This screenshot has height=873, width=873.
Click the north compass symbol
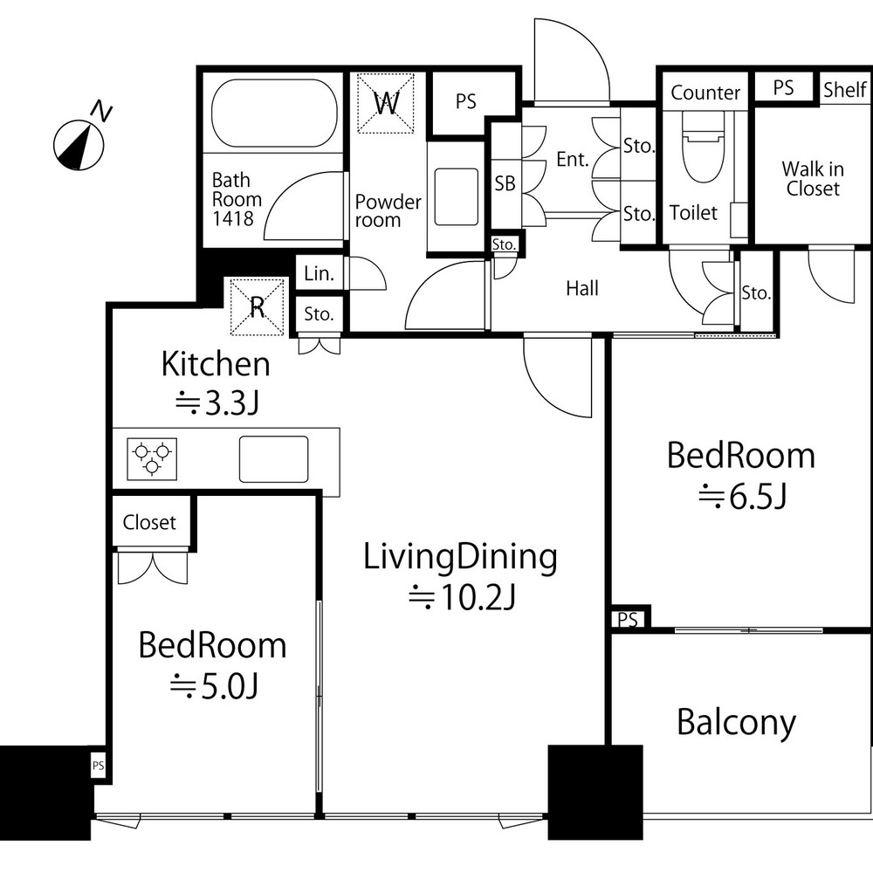point(79,145)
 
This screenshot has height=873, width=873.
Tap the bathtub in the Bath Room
point(274,113)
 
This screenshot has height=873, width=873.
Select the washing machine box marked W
point(386,103)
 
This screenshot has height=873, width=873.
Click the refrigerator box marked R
point(258,306)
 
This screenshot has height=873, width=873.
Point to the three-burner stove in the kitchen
point(152,459)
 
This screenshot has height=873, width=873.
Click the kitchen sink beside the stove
point(273,459)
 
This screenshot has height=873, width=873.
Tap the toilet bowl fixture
point(703,147)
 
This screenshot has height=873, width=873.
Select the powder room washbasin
point(456,197)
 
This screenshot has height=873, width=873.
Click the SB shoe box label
point(505,183)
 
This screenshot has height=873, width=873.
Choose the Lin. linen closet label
point(319,273)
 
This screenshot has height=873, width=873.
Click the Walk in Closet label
point(812,178)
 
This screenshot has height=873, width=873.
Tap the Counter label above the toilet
point(705,93)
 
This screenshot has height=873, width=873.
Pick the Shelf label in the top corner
point(844,89)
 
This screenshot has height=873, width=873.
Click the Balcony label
point(736,723)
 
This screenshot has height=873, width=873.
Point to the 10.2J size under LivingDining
point(463,597)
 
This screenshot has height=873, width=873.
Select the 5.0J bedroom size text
point(214,686)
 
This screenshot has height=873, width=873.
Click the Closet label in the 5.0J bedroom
point(149,522)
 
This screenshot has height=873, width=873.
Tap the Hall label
point(582,288)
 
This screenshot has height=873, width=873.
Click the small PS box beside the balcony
point(628,619)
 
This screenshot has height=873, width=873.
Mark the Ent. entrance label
point(573,160)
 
